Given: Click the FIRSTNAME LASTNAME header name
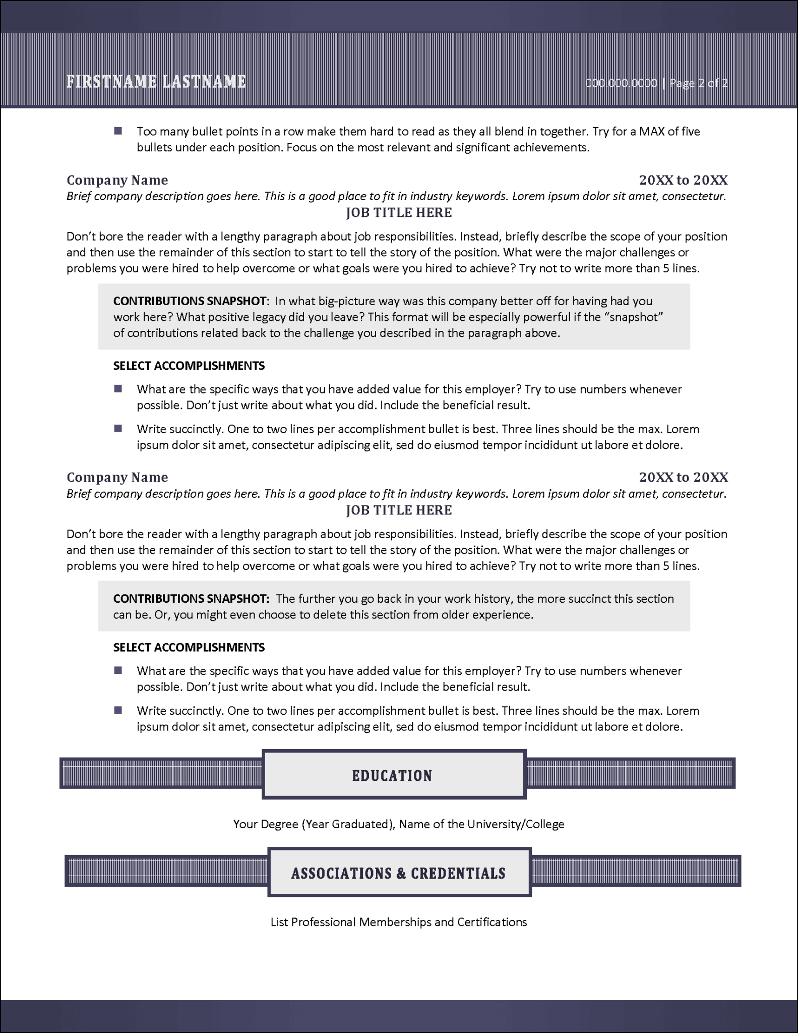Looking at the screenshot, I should [x=156, y=82].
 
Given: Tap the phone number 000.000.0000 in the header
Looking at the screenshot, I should [x=621, y=83].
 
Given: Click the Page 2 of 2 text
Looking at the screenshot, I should [x=698, y=83].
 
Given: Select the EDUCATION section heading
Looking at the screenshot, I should [x=392, y=775].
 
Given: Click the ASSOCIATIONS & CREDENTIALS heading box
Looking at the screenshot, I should [x=398, y=873].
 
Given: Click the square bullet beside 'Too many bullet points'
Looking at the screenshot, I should [x=118, y=131].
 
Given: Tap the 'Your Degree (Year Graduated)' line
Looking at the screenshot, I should [x=313, y=824].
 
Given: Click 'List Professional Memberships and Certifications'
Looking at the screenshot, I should [x=398, y=922].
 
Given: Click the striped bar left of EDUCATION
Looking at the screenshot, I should [x=161, y=773].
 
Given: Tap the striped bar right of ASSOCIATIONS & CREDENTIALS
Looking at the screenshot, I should [x=635, y=871].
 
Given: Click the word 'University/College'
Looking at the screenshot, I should [x=515, y=824].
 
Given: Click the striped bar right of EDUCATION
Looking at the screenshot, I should [x=630, y=773].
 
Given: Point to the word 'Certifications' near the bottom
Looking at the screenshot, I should [x=492, y=922].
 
